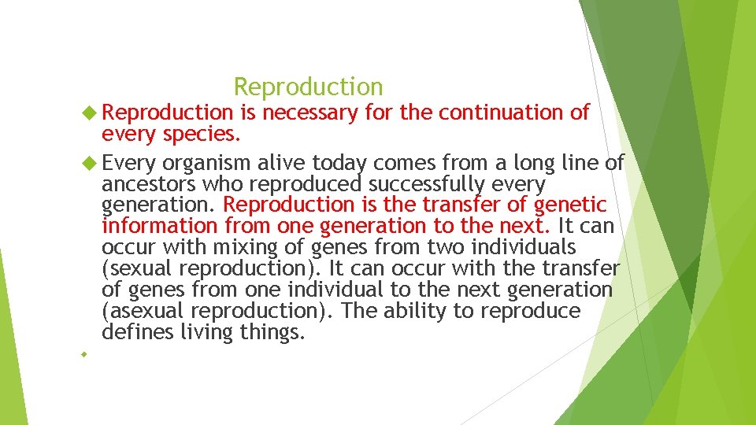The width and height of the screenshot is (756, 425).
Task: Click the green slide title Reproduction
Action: (x=309, y=87)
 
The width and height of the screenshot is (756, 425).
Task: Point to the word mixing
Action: (x=236, y=248)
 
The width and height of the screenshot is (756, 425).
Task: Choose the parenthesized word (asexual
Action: (x=137, y=312)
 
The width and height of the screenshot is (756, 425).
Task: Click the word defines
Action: (x=137, y=333)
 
